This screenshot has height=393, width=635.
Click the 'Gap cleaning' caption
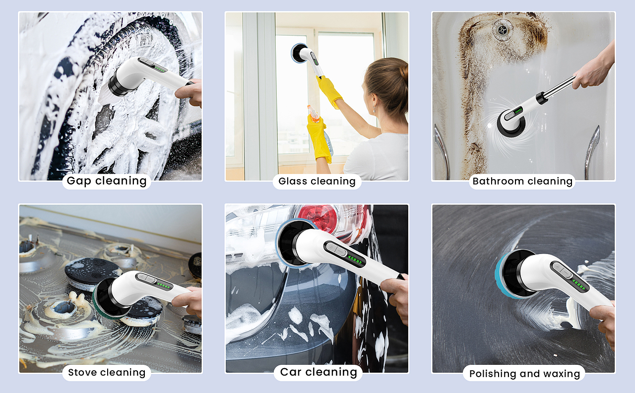[107, 181]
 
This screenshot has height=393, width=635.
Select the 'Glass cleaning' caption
[317, 181]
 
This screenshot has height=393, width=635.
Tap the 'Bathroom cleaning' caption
[522, 181]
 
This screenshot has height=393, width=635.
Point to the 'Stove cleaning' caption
[107, 372]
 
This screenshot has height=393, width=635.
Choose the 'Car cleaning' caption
[318, 372]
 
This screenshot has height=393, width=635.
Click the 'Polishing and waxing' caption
[524, 374]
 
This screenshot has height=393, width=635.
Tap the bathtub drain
[502, 29]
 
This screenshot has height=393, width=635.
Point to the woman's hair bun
[403, 72]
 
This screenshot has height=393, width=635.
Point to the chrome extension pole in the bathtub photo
[556, 89]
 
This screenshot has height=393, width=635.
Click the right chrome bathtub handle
[592, 152]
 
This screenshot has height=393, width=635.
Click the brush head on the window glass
[297, 53]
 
